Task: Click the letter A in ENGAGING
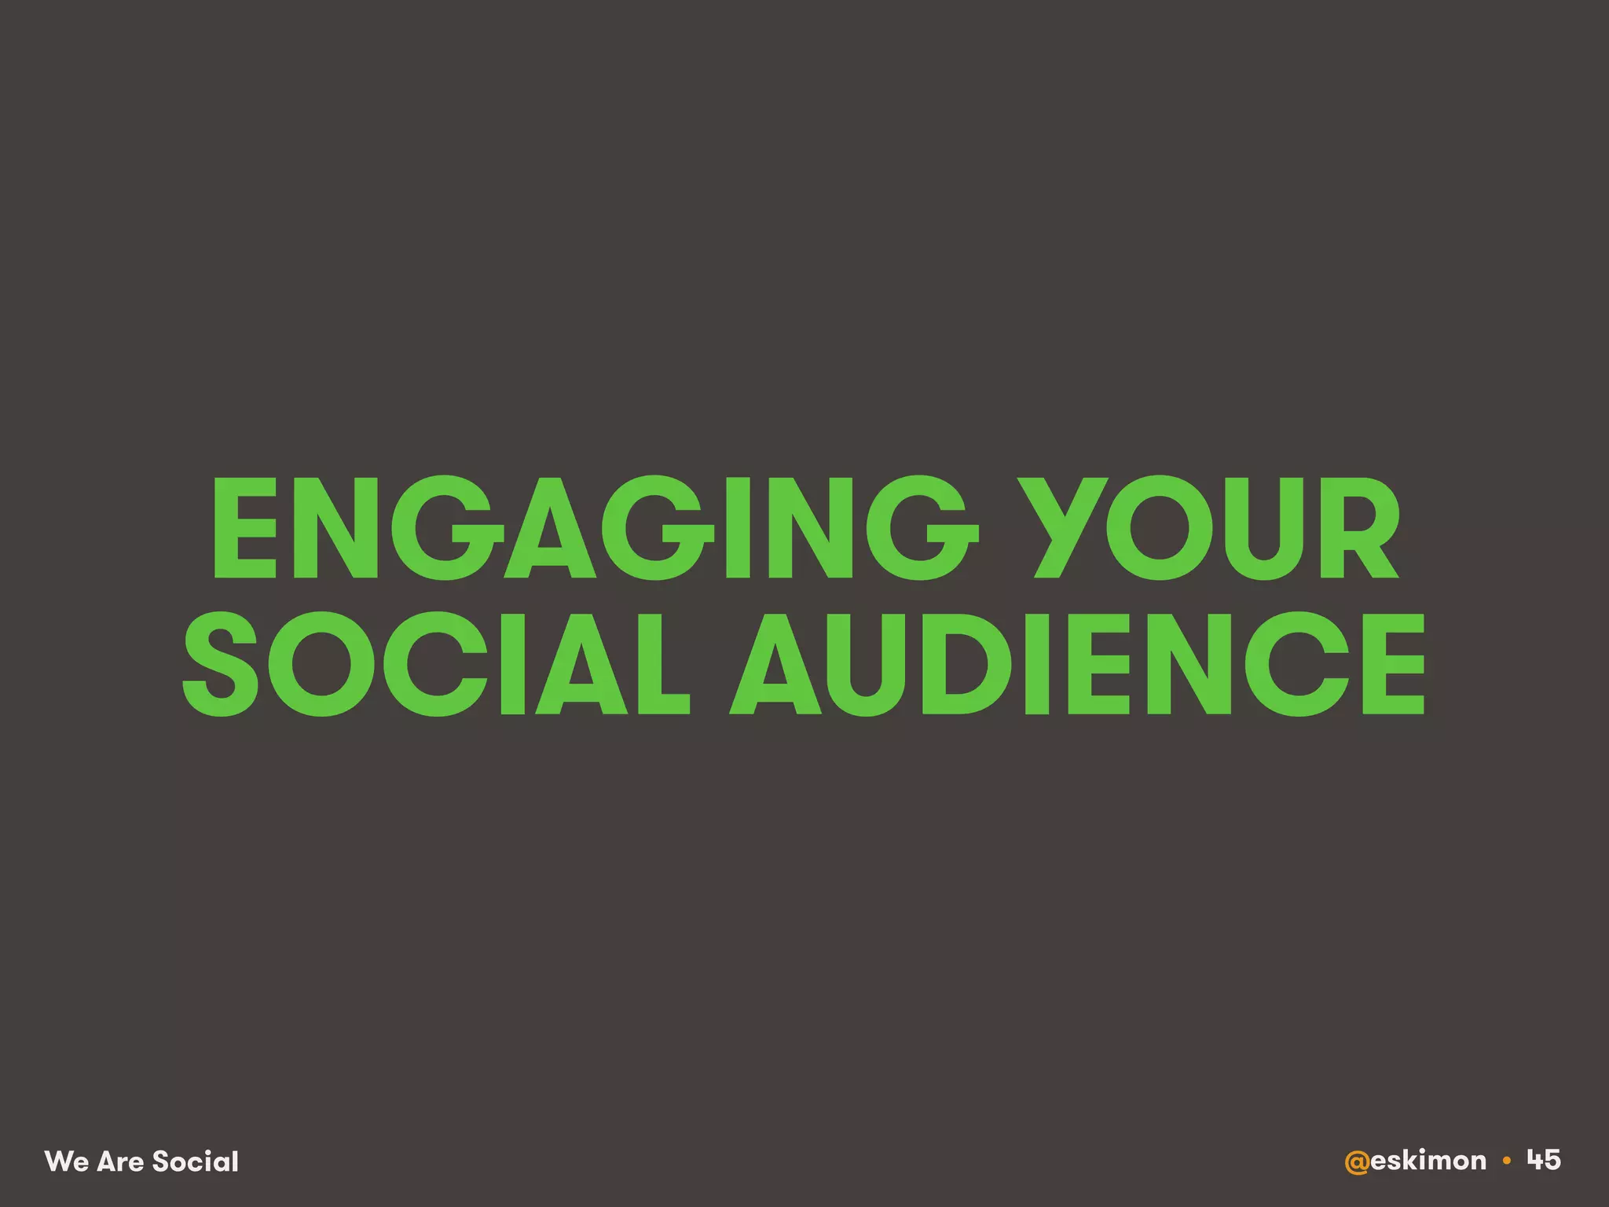click(550, 528)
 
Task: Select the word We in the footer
click(66, 1161)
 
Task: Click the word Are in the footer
click(120, 1161)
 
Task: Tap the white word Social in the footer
click(196, 1161)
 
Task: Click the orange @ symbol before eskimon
click(1357, 1161)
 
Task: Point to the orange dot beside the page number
click(1506, 1161)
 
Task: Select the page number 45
click(1544, 1160)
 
